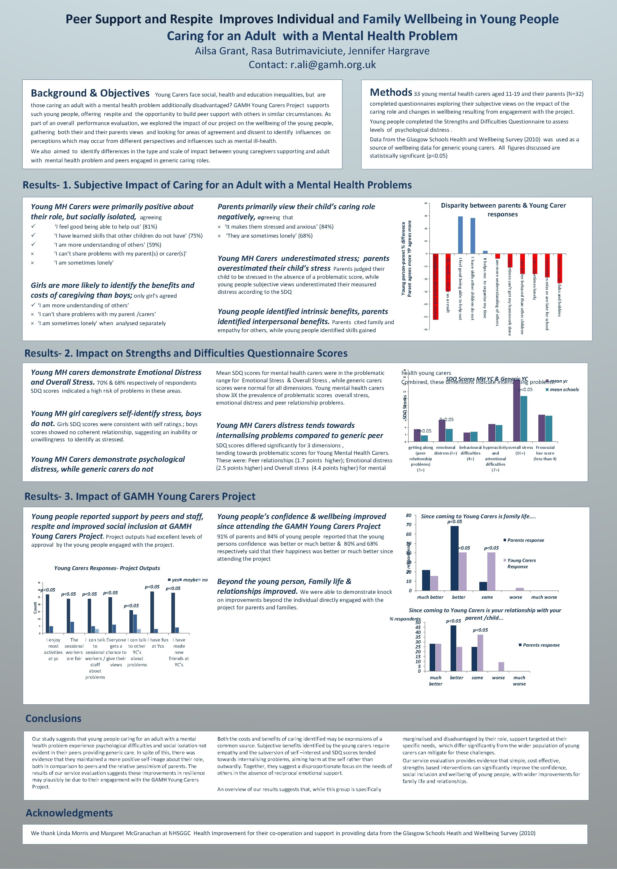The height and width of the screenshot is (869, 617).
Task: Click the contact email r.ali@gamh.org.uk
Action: [333, 65]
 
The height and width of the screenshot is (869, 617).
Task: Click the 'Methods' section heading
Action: [391, 92]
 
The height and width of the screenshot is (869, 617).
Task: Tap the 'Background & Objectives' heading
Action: [90, 93]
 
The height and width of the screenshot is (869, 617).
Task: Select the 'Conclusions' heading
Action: [53, 719]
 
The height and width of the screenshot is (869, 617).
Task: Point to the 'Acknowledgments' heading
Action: [69, 813]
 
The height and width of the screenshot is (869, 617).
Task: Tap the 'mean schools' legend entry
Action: [564, 390]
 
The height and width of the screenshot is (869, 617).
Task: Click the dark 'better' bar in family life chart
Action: [454, 558]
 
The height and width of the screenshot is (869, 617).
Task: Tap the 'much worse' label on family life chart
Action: [544, 597]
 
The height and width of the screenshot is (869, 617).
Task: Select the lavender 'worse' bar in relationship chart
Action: [501, 667]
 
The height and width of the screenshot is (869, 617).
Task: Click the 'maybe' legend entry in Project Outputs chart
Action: [190, 580]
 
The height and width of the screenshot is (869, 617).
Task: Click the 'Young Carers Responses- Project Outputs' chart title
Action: [107, 568]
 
